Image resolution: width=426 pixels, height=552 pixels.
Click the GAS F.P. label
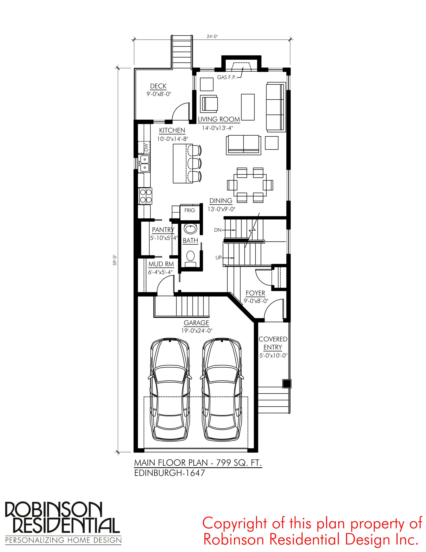point(227,77)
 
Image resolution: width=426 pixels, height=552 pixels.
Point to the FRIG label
point(190,210)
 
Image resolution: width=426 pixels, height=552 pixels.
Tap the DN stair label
point(218,230)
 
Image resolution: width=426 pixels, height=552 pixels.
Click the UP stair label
point(218,257)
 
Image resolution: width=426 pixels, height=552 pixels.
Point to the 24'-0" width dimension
point(212,36)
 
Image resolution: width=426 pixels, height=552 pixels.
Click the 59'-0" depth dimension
point(115,260)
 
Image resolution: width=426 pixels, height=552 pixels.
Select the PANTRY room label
point(163,230)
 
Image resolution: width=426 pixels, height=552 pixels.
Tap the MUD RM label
point(161,264)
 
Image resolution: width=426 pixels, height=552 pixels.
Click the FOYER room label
point(256,293)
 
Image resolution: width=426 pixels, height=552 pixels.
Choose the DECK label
point(158,86)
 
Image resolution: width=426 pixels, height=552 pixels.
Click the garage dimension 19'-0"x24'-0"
point(196,330)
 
